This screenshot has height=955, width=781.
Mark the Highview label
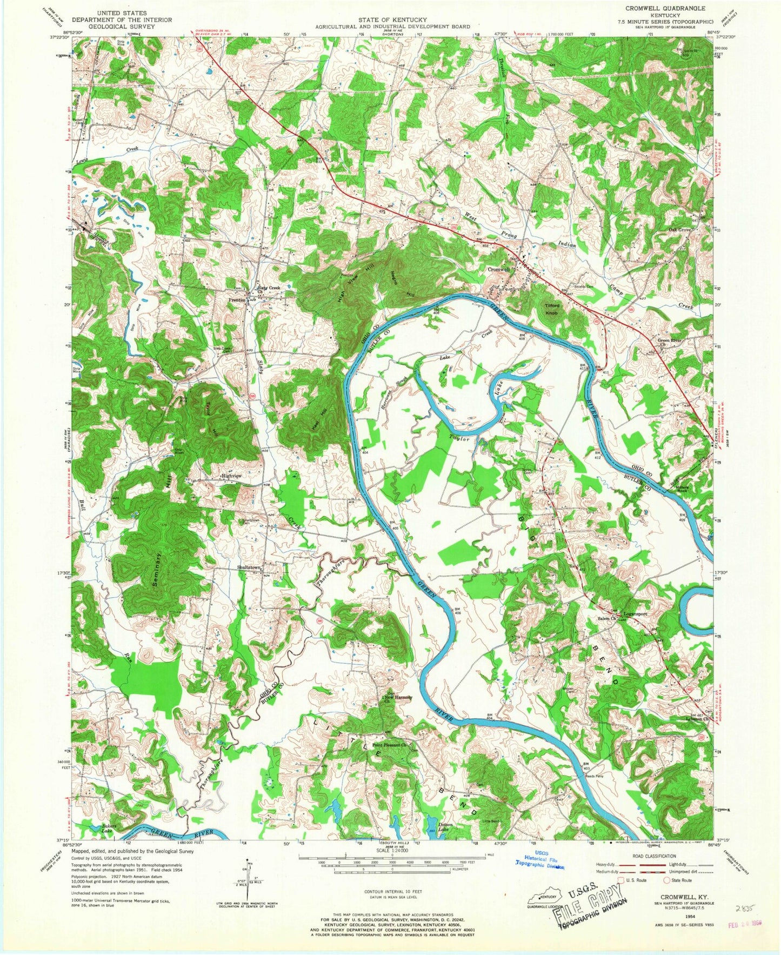tap(231, 476)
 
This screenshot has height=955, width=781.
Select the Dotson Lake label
tap(445, 826)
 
